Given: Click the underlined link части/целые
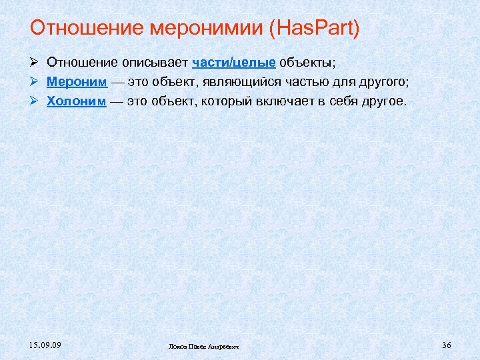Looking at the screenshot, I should pyautogui.click(x=234, y=63).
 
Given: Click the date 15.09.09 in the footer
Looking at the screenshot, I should pyautogui.click(x=45, y=345).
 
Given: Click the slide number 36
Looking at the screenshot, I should pyautogui.click(x=447, y=345).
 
